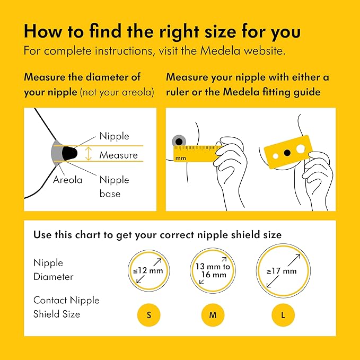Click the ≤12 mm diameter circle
pyautogui.click(x=149, y=271)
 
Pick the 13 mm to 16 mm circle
pyautogui.click(x=213, y=271)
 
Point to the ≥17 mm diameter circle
pyautogui.click(x=283, y=271)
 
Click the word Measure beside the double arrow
pyautogui.click(x=118, y=155)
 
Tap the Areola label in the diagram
pyautogui.click(x=67, y=180)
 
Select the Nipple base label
pyautogui.click(x=114, y=187)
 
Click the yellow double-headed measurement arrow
pyautogui.click(x=89, y=154)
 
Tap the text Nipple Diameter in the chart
pyautogui.click(x=54, y=270)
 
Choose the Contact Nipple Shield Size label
pyautogui.click(x=66, y=307)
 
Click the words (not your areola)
pyautogui.click(x=117, y=92)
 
